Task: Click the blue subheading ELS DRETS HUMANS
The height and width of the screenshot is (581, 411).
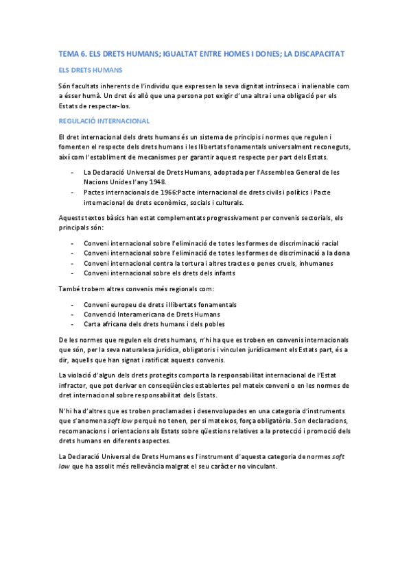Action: tap(86, 70)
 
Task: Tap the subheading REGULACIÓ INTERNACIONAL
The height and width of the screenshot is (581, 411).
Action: tap(104, 121)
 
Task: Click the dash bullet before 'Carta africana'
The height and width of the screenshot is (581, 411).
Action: tap(73, 324)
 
